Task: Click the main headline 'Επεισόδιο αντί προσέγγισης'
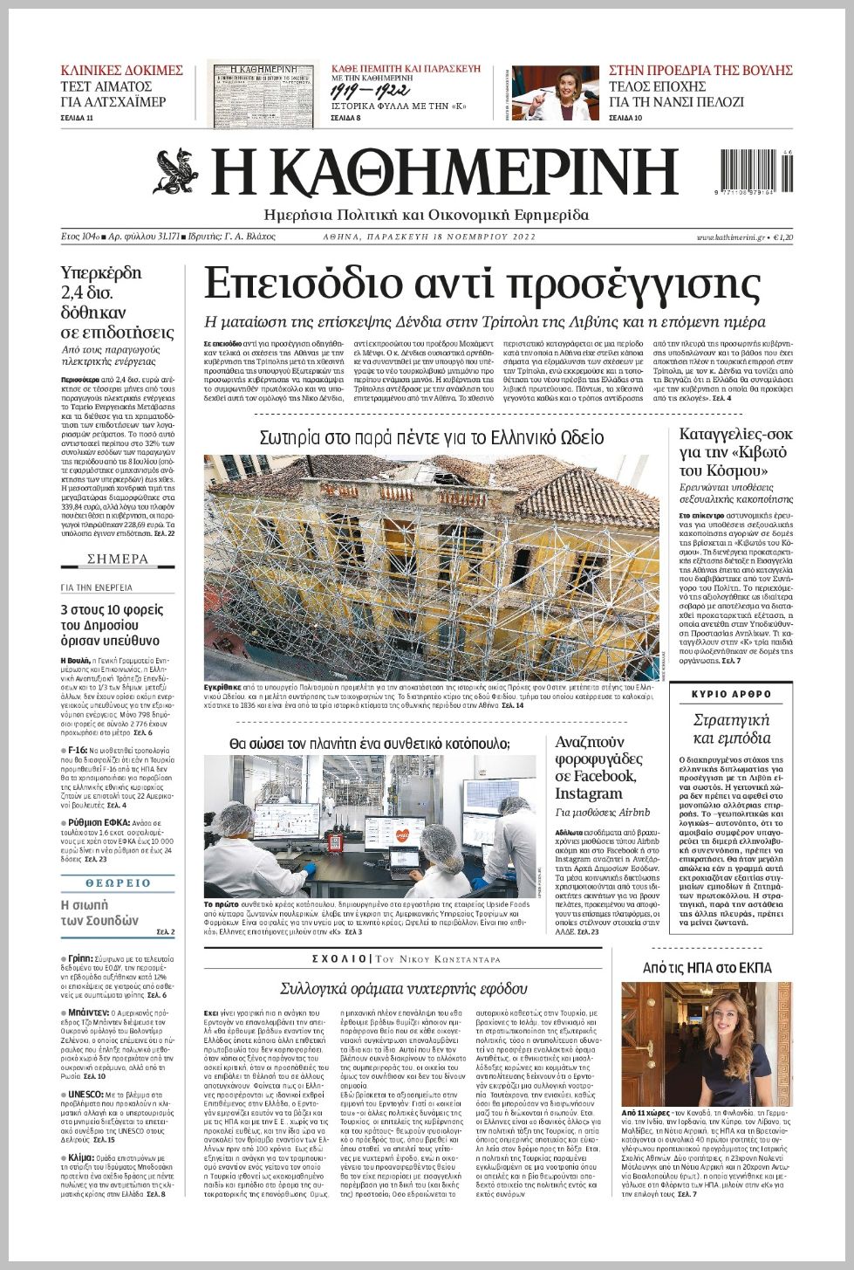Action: (x=482, y=285)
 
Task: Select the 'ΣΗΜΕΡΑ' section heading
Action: (x=118, y=559)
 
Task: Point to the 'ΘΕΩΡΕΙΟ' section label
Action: (x=118, y=883)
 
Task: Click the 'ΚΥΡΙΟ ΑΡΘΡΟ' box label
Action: (x=731, y=694)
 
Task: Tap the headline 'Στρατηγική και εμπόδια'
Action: (x=731, y=729)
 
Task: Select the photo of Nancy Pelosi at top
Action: (x=556, y=93)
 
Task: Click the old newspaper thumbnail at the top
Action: (x=263, y=93)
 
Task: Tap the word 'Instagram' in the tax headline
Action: (x=589, y=793)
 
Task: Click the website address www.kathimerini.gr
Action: (x=730, y=237)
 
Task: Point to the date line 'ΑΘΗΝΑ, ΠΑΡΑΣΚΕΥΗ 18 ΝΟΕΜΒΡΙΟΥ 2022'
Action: (x=428, y=237)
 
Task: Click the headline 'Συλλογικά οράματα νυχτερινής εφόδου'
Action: (x=403, y=988)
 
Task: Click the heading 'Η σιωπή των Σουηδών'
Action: (x=99, y=912)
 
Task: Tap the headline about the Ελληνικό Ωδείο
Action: (x=432, y=436)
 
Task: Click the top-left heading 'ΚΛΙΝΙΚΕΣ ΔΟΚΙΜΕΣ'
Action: (x=121, y=71)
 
